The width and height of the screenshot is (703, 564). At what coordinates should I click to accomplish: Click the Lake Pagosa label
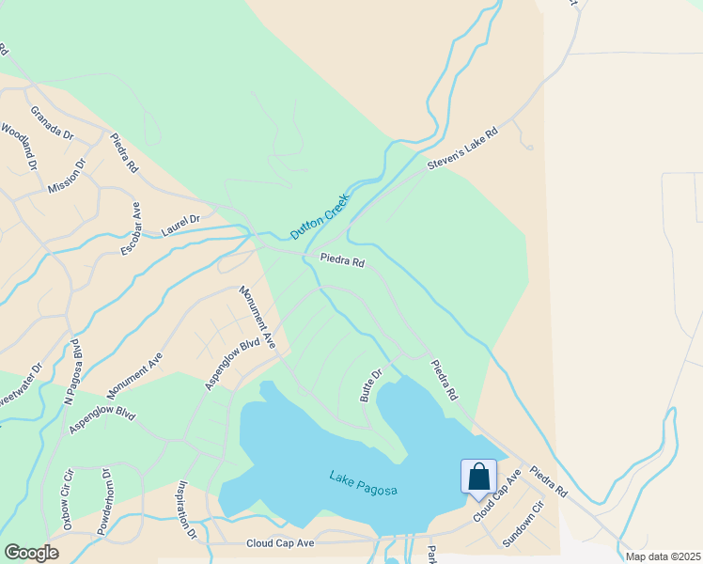click(364, 483)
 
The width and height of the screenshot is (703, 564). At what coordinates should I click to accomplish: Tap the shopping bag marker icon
click(478, 476)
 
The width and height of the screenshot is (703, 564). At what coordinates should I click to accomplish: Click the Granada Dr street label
click(52, 122)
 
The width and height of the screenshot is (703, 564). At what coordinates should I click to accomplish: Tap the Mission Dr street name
click(67, 176)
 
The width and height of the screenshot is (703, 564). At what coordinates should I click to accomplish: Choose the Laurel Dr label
click(180, 224)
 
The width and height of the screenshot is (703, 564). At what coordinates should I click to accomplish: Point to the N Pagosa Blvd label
click(72, 371)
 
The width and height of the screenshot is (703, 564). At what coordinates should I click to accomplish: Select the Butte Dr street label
click(371, 385)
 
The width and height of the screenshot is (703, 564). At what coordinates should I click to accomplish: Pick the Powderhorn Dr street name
click(104, 499)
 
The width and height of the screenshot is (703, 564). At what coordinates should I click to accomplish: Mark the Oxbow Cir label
click(68, 500)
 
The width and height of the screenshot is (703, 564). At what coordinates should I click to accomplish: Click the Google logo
click(31, 553)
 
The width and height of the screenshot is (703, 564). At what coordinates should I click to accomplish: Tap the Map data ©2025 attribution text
click(664, 556)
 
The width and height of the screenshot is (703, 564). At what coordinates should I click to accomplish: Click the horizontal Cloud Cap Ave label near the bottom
click(280, 543)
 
